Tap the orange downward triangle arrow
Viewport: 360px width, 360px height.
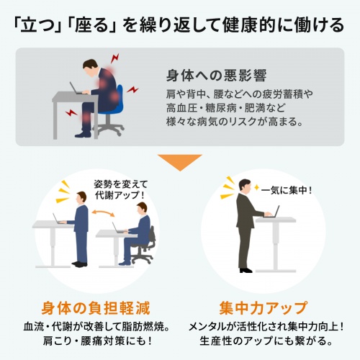coord(180,161)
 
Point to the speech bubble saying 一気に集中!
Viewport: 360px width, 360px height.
coord(286,191)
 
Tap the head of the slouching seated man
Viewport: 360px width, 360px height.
coord(91,66)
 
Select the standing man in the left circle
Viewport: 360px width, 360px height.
coord(81,230)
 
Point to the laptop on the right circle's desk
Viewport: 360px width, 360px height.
coord(272,212)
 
